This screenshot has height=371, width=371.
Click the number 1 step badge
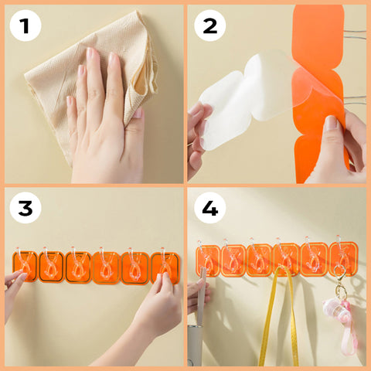pos(26,26)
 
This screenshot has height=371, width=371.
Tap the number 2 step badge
pos(210,26)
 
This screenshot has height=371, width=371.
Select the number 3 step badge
pos(26,208)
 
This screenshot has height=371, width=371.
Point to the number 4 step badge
pos(210,208)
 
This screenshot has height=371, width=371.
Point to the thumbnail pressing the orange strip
pos(332,123)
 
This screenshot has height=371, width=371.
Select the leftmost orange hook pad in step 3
pos(25,266)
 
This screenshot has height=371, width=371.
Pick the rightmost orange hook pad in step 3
pos(165,268)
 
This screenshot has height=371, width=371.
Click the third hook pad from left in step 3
pos(78,267)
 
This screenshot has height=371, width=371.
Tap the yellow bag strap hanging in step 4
pos(278,317)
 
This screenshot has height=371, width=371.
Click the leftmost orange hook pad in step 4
pos(208,260)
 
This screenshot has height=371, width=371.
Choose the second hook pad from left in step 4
pos(233,260)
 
